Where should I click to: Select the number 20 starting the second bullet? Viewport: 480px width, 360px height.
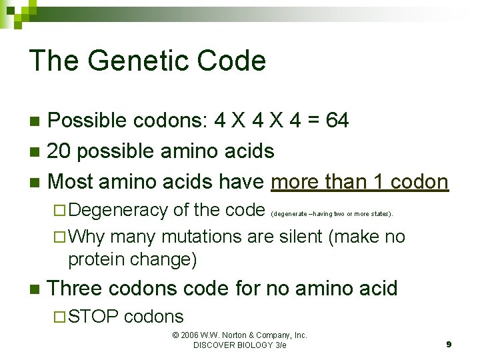coord(62,151)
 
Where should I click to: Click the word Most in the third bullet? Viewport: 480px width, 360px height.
coord(73,181)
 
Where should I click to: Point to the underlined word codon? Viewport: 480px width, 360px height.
coord(419,181)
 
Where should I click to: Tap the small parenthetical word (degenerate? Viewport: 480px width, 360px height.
coord(289,214)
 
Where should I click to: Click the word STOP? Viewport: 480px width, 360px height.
coord(93,317)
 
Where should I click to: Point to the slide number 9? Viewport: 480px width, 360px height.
coord(449,344)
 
